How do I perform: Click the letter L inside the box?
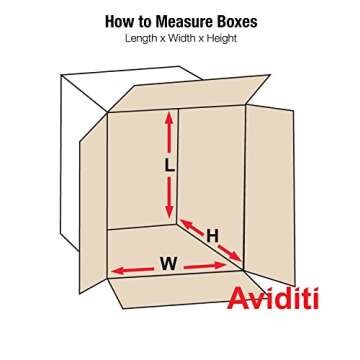pos(169,167)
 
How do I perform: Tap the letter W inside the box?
pos(168,264)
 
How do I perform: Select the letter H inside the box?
pos(212,236)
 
